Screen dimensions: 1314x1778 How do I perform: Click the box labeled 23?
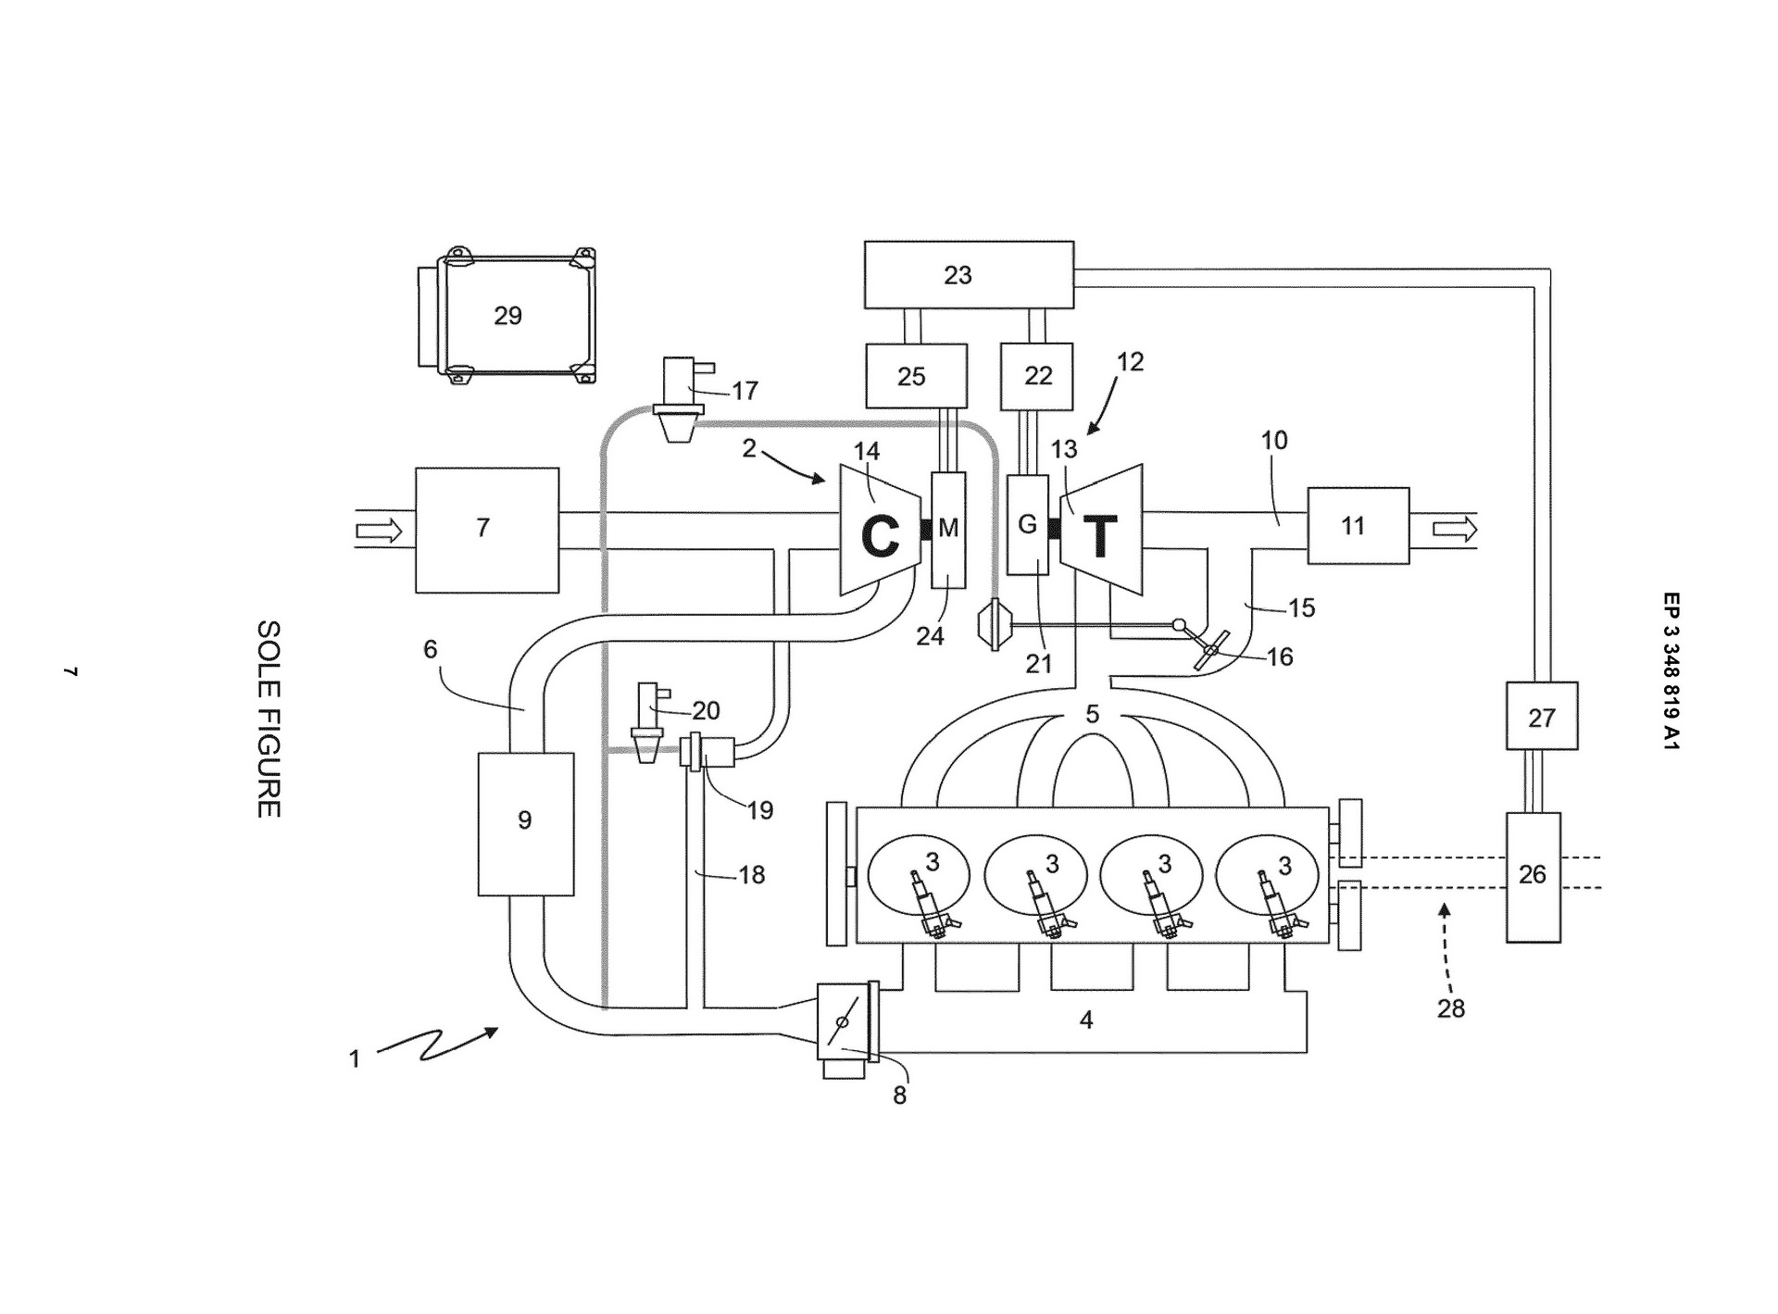(x=969, y=275)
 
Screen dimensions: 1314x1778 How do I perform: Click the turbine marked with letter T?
(x=1101, y=531)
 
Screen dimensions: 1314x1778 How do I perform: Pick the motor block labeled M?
(x=948, y=530)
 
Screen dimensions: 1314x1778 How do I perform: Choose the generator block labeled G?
(x=1028, y=525)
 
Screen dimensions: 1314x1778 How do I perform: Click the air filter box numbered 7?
(x=487, y=530)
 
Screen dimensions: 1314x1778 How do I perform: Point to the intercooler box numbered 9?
(x=525, y=823)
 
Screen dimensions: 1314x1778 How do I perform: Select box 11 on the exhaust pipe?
(x=1358, y=526)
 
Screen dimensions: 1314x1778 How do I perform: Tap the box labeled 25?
(x=916, y=376)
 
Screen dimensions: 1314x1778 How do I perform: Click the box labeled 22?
(x=1037, y=376)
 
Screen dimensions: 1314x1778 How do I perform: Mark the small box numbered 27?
(x=1541, y=716)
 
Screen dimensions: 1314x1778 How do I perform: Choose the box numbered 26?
(x=1533, y=876)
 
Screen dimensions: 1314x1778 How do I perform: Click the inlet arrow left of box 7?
(x=380, y=531)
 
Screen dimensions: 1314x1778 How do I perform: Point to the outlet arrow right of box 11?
(x=1455, y=529)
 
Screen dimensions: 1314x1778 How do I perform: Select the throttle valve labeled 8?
(x=845, y=1022)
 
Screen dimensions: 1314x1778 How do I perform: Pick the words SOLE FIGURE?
(x=269, y=719)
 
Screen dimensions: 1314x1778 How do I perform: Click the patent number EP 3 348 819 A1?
(x=1671, y=670)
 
